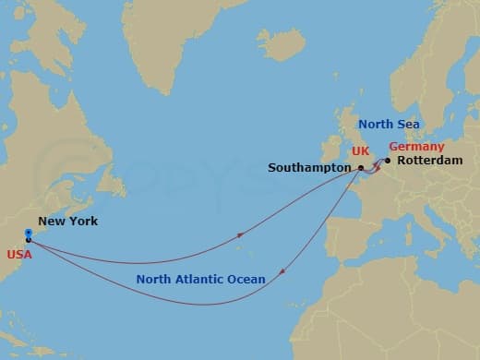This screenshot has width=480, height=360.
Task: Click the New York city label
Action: tap(67, 222)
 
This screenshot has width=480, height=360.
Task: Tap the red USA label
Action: tap(18, 254)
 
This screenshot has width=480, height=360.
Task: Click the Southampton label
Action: tap(310, 168)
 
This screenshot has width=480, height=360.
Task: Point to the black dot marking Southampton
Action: tap(361, 168)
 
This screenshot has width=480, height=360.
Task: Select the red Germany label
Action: tap(416, 147)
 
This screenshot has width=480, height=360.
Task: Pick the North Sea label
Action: tap(389, 125)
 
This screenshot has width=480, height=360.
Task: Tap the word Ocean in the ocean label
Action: tap(247, 278)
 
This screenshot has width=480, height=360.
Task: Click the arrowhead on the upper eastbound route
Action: tap(241, 236)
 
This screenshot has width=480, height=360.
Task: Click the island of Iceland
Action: tap(282, 42)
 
